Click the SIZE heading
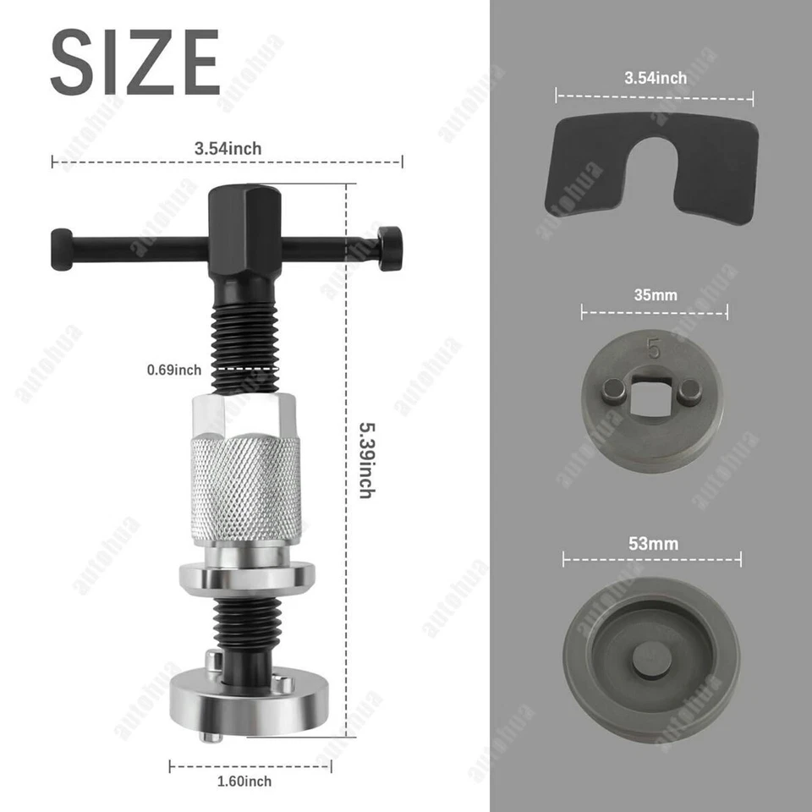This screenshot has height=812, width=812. click(x=135, y=63)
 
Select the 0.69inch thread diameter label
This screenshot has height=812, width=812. click(x=174, y=370)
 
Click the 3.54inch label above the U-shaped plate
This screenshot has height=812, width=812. click(x=656, y=78)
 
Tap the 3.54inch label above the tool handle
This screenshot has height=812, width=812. click(x=228, y=149)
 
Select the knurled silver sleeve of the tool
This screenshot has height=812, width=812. click(x=246, y=488)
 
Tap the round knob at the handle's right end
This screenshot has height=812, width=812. click(x=391, y=248)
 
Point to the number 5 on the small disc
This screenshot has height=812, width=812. click(x=653, y=348)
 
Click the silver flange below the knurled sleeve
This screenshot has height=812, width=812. click(x=247, y=577)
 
